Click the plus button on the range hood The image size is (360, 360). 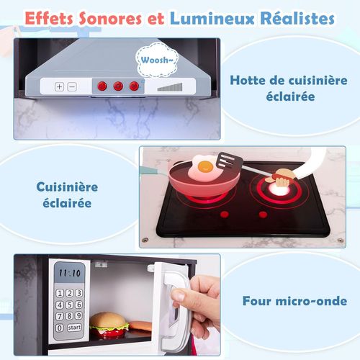pyautogui.click(x=60, y=86)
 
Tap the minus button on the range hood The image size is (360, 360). pyautogui.click(x=71, y=86)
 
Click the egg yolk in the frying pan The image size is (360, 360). pyautogui.click(x=205, y=167)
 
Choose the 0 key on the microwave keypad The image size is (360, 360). pyautogui.click(x=60, y=328)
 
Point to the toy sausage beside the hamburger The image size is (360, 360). pyautogui.click(x=140, y=325)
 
